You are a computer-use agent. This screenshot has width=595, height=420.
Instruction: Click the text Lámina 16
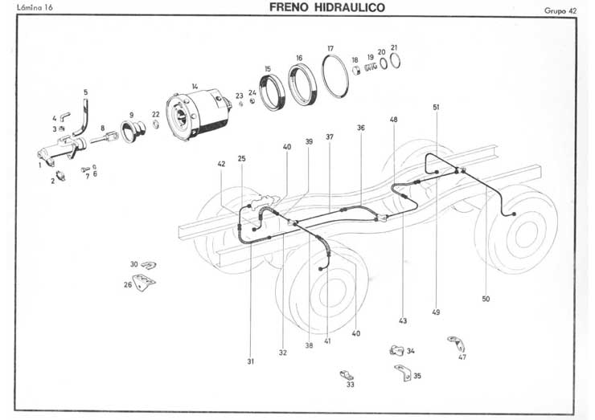click(33, 9)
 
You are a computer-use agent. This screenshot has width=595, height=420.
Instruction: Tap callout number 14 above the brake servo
click(195, 86)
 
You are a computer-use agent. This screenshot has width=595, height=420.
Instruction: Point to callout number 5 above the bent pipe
click(86, 92)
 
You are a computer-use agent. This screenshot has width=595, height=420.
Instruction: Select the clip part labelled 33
click(347, 374)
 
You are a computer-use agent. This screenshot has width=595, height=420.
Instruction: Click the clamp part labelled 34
click(395, 350)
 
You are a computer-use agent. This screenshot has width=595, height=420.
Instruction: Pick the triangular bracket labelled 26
click(145, 281)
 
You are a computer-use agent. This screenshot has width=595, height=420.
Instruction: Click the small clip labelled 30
click(148, 265)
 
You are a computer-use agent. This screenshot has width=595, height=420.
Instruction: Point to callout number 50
click(486, 299)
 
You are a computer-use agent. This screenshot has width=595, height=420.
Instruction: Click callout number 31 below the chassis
click(251, 362)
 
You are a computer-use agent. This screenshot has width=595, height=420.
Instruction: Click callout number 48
click(394, 120)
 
